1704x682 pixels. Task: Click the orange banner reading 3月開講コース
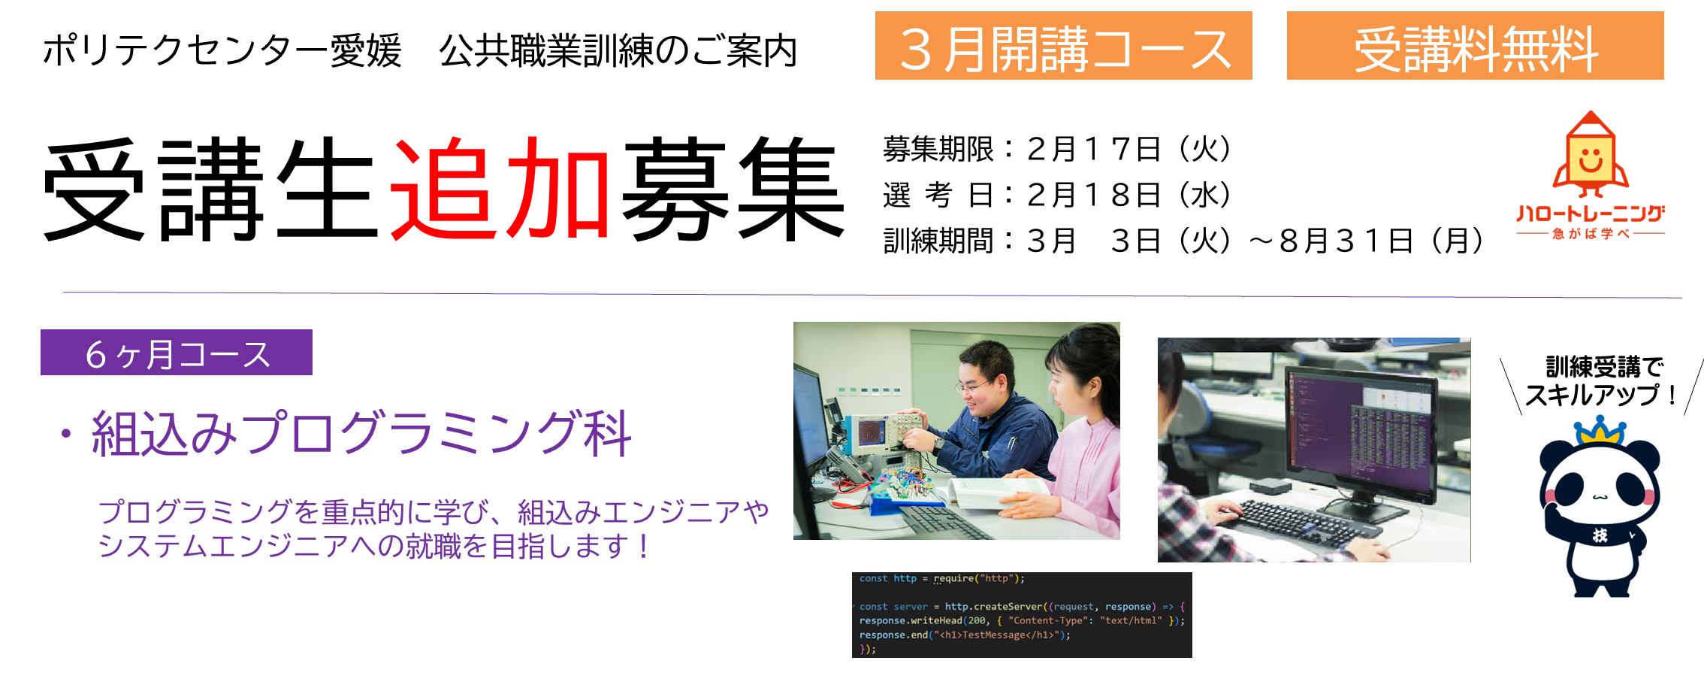[x=1063, y=46]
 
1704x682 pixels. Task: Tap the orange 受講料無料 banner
[x=1475, y=46]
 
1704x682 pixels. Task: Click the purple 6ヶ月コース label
[x=177, y=353]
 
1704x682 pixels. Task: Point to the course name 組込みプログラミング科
[x=361, y=434]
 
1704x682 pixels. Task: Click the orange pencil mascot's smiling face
[x=1591, y=160]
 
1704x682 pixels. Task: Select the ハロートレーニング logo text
[x=1591, y=214]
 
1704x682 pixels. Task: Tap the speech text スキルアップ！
[x=1600, y=395]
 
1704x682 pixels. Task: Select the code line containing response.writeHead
[x=1022, y=620]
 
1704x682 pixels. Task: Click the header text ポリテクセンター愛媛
[x=222, y=51]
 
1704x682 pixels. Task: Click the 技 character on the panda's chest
[x=1600, y=535]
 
